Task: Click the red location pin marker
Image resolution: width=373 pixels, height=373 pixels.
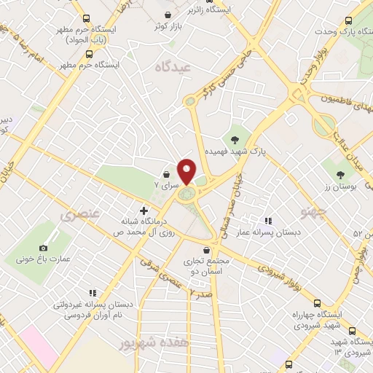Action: pyautogui.click(x=186, y=171)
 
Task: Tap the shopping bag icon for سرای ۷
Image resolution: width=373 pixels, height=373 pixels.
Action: pyautogui.click(x=168, y=176)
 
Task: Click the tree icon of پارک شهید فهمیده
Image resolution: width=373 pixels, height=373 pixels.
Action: pyautogui.click(x=235, y=140)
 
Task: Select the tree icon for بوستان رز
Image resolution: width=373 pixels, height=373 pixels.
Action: pyautogui.click(x=341, y=173)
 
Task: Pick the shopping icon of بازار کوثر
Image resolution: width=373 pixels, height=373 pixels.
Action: pyautogui.click(x=169, y=15)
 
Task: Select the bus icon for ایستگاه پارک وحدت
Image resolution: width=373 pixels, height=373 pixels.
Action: pyautogui.click(x=348, y=21)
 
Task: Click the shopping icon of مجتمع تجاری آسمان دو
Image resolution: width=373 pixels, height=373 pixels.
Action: pyautogui.click(x=208, y=250)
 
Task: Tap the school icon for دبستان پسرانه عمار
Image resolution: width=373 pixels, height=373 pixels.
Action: pyautogui.click(x=269, y=221)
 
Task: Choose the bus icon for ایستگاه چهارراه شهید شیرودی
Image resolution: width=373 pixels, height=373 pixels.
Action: pyautogui.click(x=316, y=303)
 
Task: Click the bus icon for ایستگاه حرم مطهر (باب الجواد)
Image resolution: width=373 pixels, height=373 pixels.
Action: pyautogui.click(x=87, y=19)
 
